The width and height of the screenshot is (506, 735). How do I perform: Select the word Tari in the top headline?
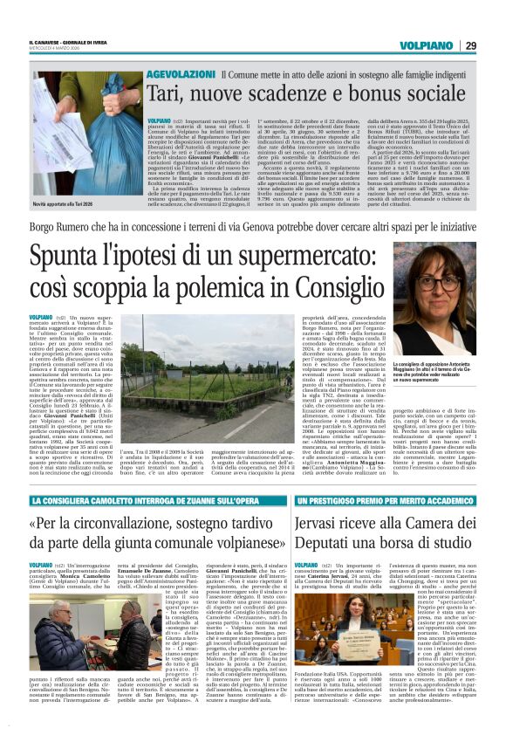(x=166, y=95)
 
